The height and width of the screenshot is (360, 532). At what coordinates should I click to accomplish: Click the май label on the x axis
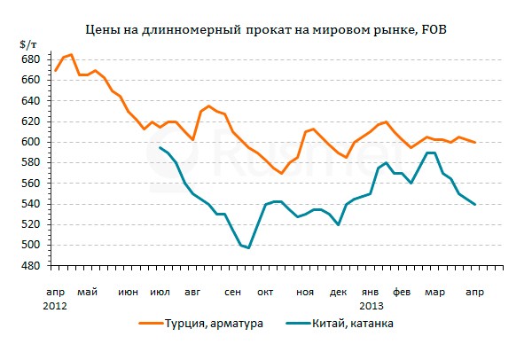coord(87,292)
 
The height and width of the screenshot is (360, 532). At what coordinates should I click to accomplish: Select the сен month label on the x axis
coord(234,292)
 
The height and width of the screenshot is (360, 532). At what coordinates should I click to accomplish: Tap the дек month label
coord(338,292)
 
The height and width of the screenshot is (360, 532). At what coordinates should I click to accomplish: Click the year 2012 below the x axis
coord(55,304)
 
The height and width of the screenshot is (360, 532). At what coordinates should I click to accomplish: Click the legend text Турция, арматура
coord(220,324)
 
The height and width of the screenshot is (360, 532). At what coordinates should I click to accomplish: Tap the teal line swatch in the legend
coord(286,324)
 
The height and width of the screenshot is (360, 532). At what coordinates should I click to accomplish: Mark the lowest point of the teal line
coord(249,247)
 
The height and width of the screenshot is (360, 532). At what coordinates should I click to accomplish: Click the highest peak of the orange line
coord(72,55)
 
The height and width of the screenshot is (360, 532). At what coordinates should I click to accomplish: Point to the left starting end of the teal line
coord(160,147)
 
